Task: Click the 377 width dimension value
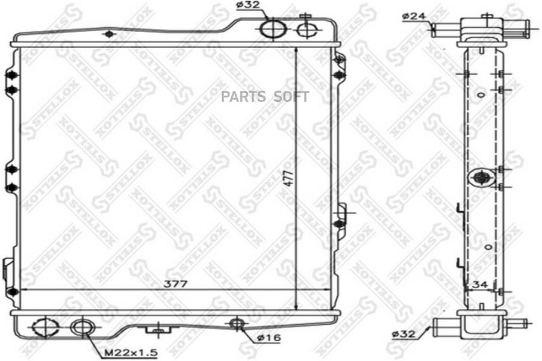pos(176,283)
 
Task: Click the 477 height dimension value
pos(289,178)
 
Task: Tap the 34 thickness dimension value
pos(480,285)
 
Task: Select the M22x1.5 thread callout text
pos(131,353)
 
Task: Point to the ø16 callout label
pos(269,338)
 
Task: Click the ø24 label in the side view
pos(414,16)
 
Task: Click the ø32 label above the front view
pos(248,5)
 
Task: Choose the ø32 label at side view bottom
pos(403,334)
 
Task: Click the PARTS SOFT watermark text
pos(265,97)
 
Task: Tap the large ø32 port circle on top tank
pos(273,29)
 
